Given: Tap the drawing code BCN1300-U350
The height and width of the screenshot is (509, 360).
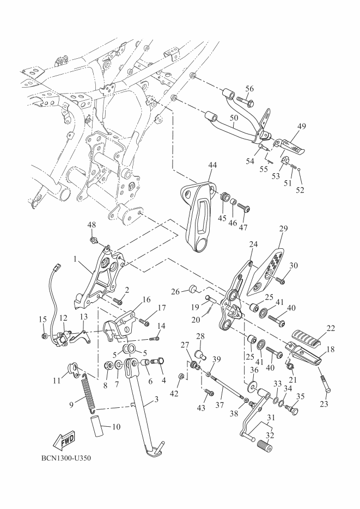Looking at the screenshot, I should (x=66, y=457).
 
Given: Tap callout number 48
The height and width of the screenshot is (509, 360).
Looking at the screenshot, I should (x=91, y=225).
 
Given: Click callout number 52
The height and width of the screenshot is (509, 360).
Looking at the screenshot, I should (x=300, y=190).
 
